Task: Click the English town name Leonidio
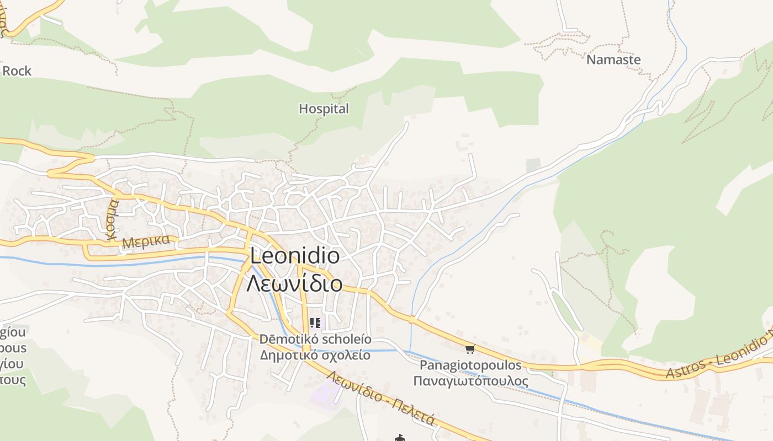pos(295,256)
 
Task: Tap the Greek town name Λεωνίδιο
pos(294,283)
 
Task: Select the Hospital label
pos(324,109)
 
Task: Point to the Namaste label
pos(613,60)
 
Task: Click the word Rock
pos(17,71)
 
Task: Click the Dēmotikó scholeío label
pos(315,339)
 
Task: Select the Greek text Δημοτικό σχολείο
pos(315,354)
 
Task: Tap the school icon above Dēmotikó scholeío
pos(315,323)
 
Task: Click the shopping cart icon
pos(470,349)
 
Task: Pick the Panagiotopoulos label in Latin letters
pos(470,365)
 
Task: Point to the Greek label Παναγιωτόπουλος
pos(470,381)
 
